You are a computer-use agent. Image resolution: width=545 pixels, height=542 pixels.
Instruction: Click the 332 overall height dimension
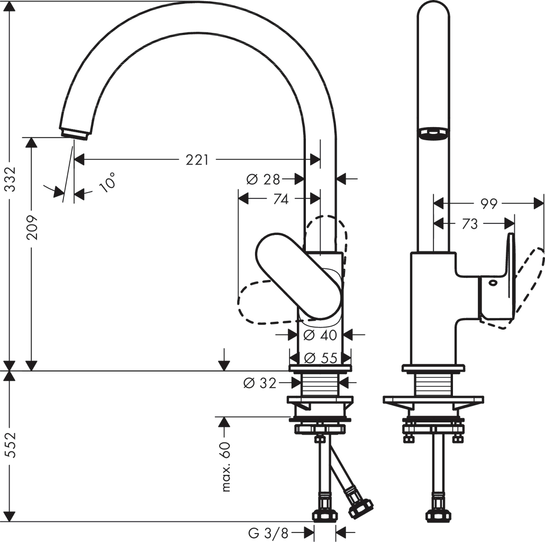coord(11,180)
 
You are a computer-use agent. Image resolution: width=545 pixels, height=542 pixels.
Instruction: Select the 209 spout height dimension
coord(32,227)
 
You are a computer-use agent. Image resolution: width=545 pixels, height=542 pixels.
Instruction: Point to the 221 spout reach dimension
coord(197,159)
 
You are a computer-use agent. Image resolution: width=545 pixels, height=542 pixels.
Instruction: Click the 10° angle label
coord(107,182)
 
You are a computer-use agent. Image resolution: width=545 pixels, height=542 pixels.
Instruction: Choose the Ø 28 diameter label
coord(263,179)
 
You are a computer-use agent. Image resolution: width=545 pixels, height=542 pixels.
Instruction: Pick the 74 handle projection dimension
coord(281,199)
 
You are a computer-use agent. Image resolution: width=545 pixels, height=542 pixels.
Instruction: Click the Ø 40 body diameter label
coord(321,335)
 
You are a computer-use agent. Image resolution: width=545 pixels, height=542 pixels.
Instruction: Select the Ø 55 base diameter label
coord(321,358)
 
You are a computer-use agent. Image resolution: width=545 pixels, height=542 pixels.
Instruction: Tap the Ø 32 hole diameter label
coord(260,382)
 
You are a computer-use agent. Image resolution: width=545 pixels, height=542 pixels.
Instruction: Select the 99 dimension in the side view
coord(489,203)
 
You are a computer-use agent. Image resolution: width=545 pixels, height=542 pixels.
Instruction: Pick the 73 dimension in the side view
coord(469,224)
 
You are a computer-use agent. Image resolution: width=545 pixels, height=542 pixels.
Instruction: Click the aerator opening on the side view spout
coord(433,133)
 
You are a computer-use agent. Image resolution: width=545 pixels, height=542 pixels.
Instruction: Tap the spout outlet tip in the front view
coord(74,133)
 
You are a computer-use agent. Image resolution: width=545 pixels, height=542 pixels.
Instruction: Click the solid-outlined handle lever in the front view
coord(299,275)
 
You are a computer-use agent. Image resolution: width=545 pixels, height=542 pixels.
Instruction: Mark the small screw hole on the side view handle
coord(493,283)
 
